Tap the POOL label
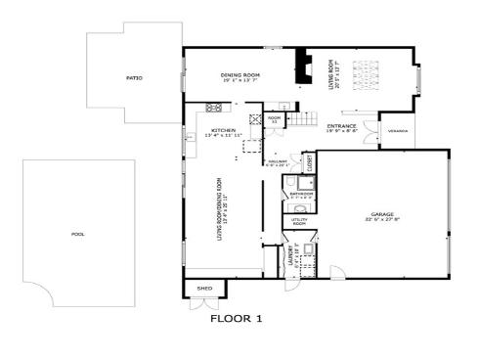[x=78, y=235]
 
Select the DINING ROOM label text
[x=239, y=74]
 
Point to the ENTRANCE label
[x=341, y=125]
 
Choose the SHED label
[x=204, y=290]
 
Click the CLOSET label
[x=308, y=162]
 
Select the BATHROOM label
[x=300, y=194]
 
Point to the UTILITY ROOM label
[x=299, y=222]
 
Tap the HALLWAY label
[x=277, y=162]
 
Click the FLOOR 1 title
[x=237, y=318]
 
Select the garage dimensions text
[x=381, y=219]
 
